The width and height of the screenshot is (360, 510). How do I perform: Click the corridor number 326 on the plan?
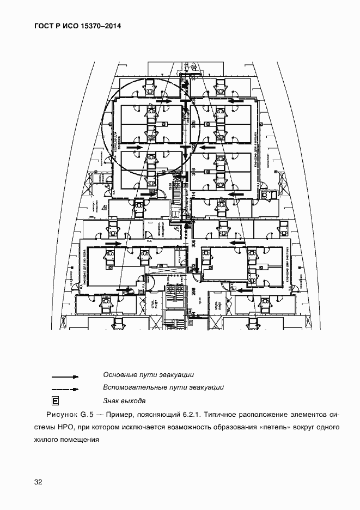click(x=193, y=124)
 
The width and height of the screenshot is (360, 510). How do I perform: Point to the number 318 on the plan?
click(x=193, y=173)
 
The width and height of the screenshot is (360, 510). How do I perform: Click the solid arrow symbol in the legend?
click(x=65, y=377)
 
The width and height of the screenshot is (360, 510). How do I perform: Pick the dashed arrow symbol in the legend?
click(x=65, y=389)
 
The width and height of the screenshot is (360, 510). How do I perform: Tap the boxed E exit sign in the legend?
click(x=55, y=402)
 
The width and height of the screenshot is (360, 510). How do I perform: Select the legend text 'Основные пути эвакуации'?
click(x=148, y=375)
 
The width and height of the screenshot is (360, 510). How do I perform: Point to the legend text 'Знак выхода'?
click(x=124, y=400)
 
